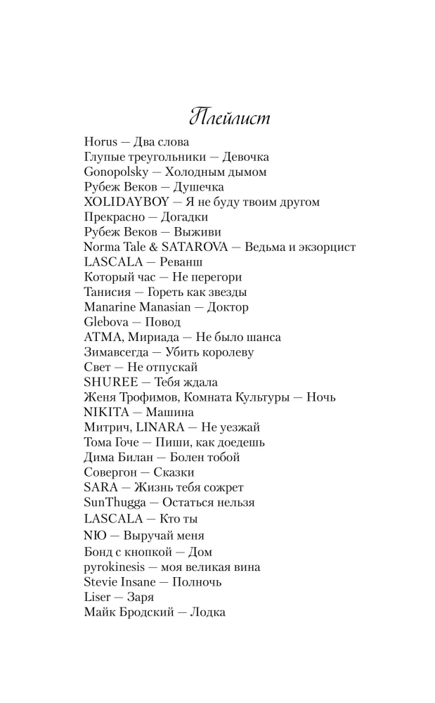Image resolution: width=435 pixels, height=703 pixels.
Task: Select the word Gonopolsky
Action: pyautogui.click(x=115, y=172)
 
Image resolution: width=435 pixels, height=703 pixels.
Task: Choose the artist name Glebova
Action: pyautogui.click(x=105, y=322)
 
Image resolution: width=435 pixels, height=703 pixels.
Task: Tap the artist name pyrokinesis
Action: pyautogui.click(x=115, y=567)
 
